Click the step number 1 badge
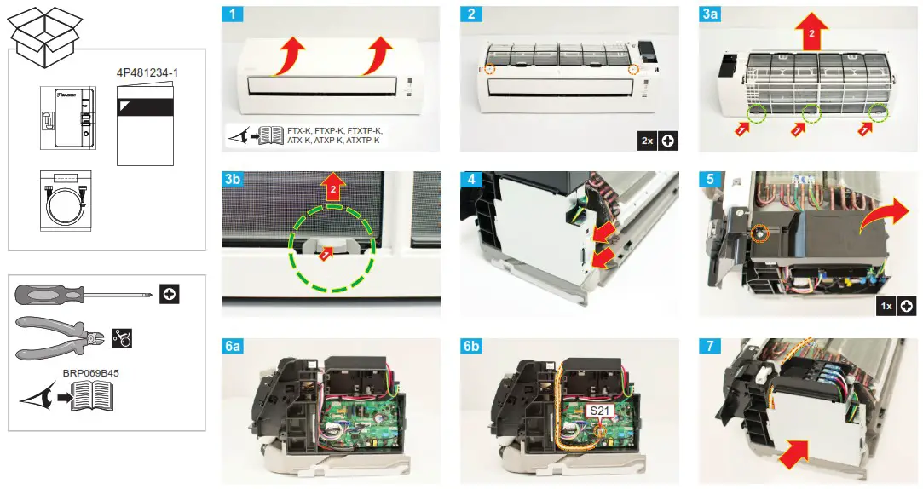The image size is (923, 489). point(230,14)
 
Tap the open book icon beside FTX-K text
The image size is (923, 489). point(271,135)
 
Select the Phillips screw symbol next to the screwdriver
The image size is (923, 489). point(170,295)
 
